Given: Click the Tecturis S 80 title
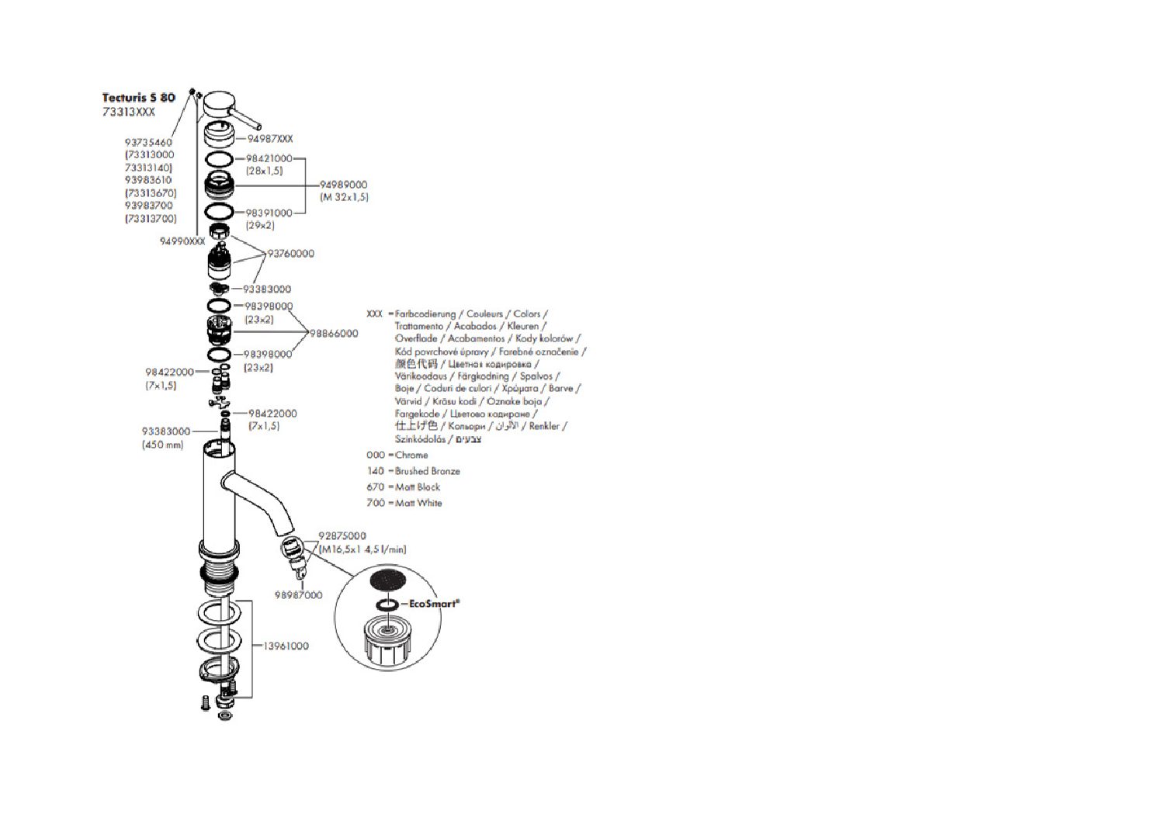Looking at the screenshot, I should pos(139,98).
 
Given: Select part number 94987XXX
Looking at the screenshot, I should pos(270,139).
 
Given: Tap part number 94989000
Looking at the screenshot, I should pos(344,185).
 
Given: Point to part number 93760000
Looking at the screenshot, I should pos(291,254).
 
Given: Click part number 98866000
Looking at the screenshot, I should pos(334,334).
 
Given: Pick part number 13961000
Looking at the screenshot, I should pos(286,646).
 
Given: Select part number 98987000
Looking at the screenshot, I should pos(299,595).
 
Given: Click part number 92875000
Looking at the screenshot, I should pos(342,536).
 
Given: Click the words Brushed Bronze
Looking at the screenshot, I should pos(428,471).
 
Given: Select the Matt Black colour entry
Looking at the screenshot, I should pos(418,487).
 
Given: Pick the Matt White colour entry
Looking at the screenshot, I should pos(418,503).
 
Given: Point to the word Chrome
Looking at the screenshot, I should pos(411,455).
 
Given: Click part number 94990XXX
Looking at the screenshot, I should pos(182,241).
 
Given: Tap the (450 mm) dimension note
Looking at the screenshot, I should pos(163,445).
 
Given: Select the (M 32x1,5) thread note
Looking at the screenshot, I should pos(345,197).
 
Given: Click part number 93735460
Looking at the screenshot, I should pos(148,143).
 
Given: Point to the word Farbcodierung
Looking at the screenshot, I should pos(425,314).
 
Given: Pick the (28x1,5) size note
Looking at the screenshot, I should pos(265,171).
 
